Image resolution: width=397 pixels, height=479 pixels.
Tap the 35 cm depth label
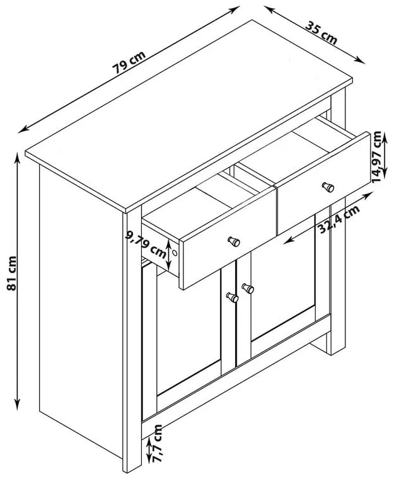[321, 32]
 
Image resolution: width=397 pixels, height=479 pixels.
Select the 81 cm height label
[11, 273]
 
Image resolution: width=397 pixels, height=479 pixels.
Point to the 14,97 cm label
[377, 157]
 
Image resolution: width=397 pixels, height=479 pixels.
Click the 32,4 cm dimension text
[338, 219]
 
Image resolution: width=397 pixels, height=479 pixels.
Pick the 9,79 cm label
[146, 243]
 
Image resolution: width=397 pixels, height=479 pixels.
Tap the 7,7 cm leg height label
[158, 443]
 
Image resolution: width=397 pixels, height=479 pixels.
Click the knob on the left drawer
[234, 241]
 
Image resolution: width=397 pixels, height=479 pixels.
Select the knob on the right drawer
[328, 187]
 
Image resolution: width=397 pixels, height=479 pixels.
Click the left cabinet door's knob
[233, 297]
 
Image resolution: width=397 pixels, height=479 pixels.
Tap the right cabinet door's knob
[248, 289]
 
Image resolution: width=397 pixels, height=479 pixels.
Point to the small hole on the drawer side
[175, 253]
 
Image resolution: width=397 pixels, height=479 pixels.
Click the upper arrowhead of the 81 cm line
[18, 158]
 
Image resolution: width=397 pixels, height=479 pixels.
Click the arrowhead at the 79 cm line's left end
[23, 130]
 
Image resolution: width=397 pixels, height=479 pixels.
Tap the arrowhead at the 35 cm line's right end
[360, 61]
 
